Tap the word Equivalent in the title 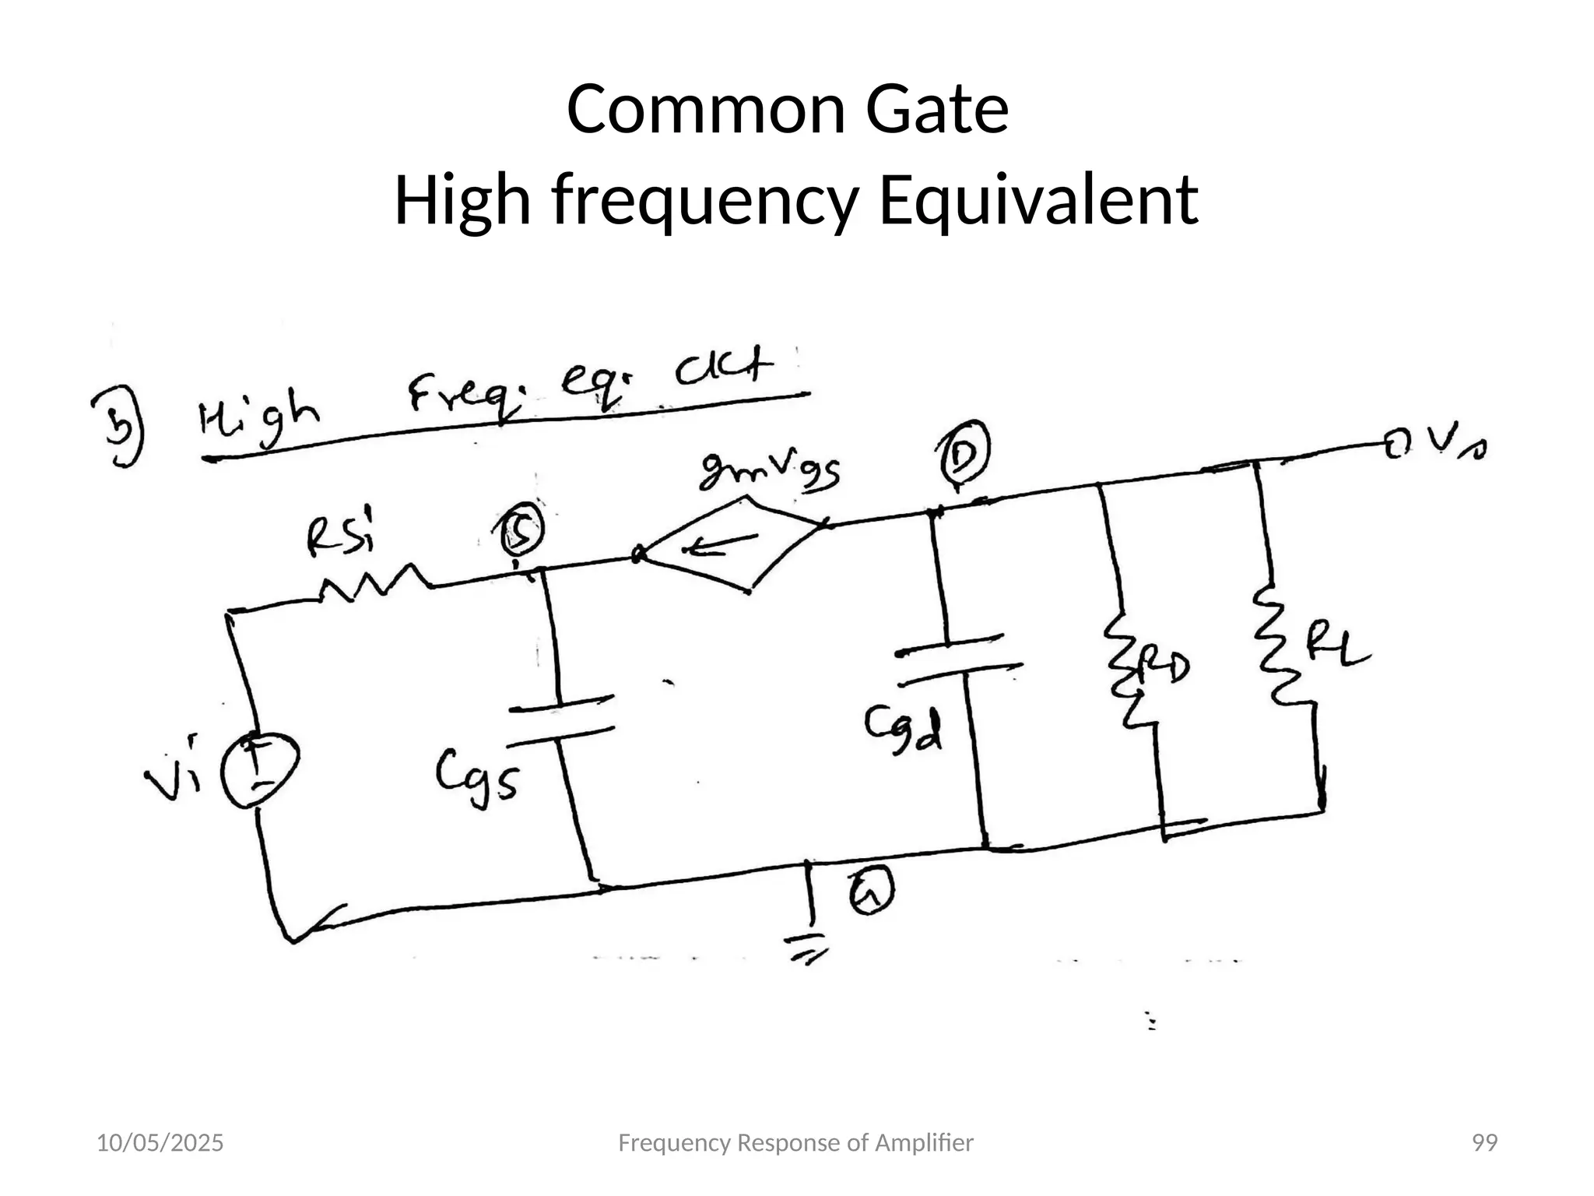click(1038, 200)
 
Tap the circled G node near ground click(871, 892)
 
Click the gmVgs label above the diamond click(771, 472)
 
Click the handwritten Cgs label click(476, 778)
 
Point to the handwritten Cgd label click(903, 730)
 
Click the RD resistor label click(1163, 668)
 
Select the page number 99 click(1484, 1143)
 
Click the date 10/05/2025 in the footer click(160, 1143)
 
